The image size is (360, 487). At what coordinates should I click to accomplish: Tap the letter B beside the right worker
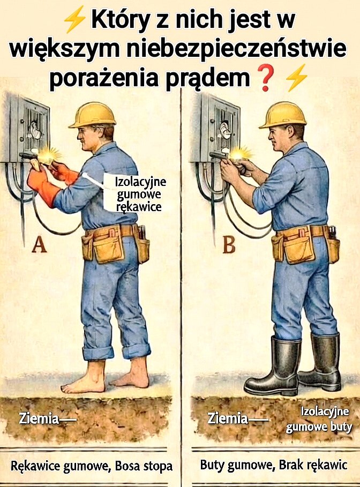[229, 245]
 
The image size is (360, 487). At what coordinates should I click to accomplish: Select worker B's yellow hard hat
[282, 115]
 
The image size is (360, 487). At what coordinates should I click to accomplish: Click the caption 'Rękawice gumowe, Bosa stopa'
[92, 466]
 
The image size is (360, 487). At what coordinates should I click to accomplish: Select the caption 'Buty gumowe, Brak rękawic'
[273, 465]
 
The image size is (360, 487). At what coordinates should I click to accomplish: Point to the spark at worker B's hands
[239, 154]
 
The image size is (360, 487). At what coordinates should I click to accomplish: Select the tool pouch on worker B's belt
[298, 245]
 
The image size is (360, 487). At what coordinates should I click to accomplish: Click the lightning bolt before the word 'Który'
[74, 21]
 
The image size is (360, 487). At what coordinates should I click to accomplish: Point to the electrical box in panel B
[213, 129]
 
